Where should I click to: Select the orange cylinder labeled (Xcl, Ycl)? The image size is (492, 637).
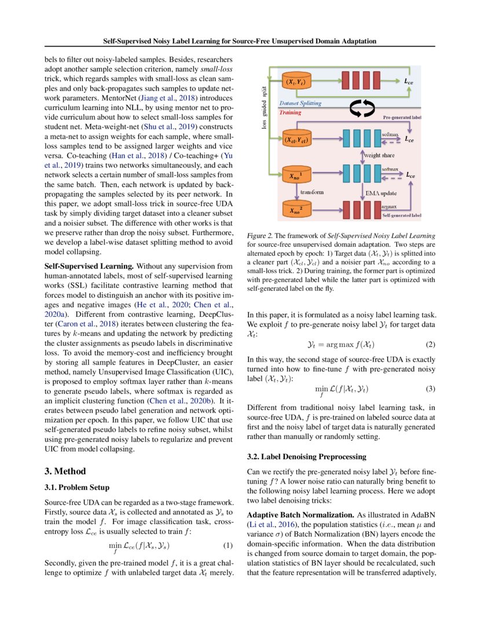point(296,140)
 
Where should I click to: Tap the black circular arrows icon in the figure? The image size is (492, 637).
point(359,108)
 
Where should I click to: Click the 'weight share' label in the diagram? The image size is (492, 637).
point(379,155)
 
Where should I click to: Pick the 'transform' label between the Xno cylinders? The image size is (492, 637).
point(312,191)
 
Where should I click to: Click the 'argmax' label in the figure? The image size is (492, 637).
point(389,206)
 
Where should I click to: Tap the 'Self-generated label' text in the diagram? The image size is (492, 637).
point(402,215)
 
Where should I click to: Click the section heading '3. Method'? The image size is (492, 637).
point(65,471)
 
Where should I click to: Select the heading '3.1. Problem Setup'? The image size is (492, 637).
point(77,487)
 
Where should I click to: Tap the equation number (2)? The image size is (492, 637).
point(429,344)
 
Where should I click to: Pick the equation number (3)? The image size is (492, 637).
point(429,388)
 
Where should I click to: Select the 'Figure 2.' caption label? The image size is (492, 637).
point(259,236)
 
